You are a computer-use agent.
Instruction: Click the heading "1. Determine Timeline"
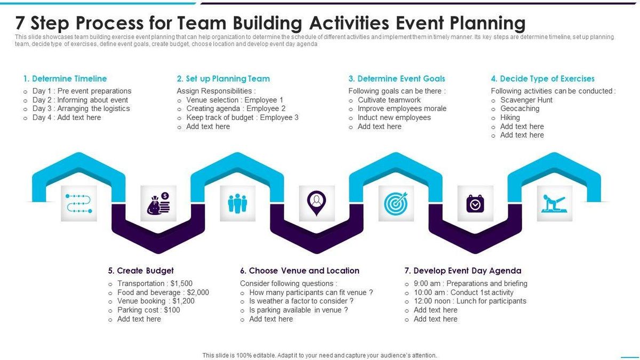coord(65,78)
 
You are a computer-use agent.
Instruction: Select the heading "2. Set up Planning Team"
coord(223,78)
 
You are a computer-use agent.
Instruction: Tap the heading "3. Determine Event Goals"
coord(396,78)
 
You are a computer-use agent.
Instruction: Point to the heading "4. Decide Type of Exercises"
coord(542,78)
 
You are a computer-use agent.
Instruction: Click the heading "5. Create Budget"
coord(141,270)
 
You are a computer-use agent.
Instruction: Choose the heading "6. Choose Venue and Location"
coord(299,270)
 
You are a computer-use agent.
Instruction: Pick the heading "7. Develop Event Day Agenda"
coord(463,270)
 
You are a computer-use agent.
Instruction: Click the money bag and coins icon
coord(158,204)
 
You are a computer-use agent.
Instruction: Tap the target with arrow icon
coord(396,204)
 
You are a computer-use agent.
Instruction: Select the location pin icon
coord(317,203)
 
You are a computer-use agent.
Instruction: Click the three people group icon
coord(237,204)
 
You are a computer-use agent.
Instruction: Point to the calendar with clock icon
coord(475,204)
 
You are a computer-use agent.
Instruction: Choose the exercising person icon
coord(554,204)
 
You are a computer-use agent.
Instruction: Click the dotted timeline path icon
coord(79,204)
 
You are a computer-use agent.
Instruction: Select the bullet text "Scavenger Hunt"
coord(526,100)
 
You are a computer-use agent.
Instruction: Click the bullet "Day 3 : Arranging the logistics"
coord(81,108)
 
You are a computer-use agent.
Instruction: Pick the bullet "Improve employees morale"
coord(402,108)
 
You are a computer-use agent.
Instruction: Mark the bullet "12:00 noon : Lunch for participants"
coord(469,301)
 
